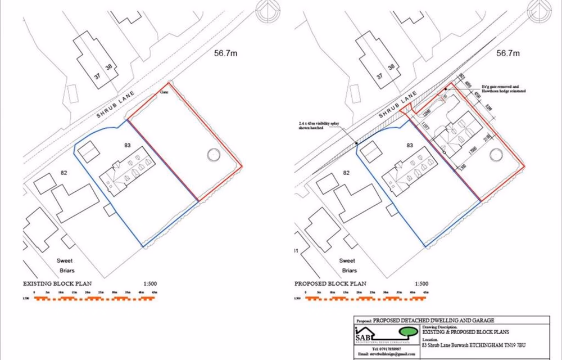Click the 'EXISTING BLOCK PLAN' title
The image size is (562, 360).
pyautogui.click(x=57, y=283)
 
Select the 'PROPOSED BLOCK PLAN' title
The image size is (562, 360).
pyautogui.click(x=330, y=283)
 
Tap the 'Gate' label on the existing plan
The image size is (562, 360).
pyautogui.click(x=165, y=91)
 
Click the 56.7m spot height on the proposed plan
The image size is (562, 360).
pyautogui.click(x=509, y=53)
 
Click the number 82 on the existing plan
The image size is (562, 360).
pyautogui.click(x=64, y=173)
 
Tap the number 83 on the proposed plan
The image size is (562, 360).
pyautogui.click(x=410, y=145)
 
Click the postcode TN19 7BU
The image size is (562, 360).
pyautogui.click(x=522, y=345)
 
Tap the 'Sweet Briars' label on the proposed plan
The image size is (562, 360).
pyautogui.click(x=347, y=265)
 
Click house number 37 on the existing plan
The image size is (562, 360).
pyautogui.click(x=97, y=76)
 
